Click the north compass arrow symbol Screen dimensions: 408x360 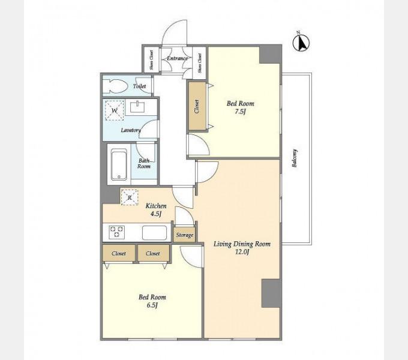click(301, 43)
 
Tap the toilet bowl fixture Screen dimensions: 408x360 click(115, 86)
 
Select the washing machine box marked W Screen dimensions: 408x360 click(115, 110)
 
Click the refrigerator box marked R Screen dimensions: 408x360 click(130, 197)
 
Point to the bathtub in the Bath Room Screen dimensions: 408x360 click(119, 164)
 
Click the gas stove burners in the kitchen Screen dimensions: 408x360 click(116, 232)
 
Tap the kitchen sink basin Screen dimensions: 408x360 click(155, 233)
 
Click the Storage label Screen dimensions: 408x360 click(185, 235)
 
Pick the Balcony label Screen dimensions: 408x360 click(295, 158)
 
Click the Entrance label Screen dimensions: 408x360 click(177, 58)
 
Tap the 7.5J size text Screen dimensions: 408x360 click(241, 112)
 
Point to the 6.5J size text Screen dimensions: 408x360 click(152, 305)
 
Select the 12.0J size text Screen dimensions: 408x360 click(242, 252)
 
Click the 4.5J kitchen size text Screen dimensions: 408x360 click(156, 214)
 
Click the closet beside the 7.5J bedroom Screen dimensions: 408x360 click(197, 106)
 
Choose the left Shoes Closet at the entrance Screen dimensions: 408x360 click(151, 59)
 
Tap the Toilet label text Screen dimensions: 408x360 click(139, 86)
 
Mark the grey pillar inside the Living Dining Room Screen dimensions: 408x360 click(271, 293)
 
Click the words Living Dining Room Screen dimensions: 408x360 click(242, 244)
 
